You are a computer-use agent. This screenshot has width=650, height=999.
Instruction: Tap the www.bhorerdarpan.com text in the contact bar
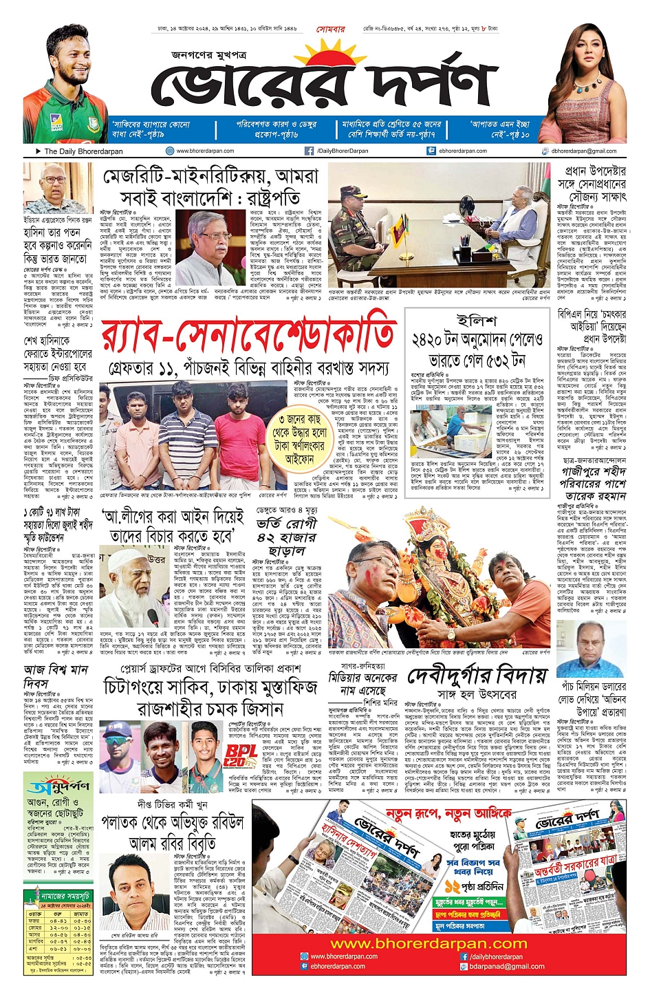point(204,151)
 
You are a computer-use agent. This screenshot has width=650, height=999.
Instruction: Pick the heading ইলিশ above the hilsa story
point(476,321)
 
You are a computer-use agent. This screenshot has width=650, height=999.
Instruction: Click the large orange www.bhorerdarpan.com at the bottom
point(429,943)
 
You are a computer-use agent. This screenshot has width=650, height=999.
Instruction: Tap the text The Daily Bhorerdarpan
point(83,151)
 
